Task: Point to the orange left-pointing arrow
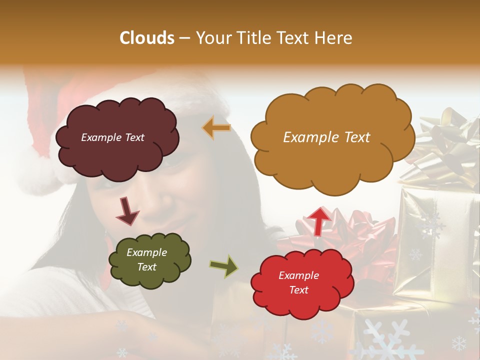[216, 128]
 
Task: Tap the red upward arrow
[318, 220]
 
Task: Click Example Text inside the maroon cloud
[112, 137]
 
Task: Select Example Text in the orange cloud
[326, 137]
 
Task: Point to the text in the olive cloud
[147, 260]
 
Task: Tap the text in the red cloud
[298, 283]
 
